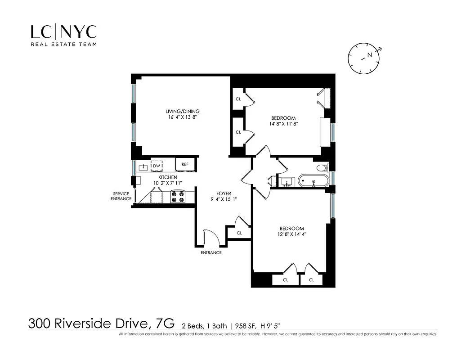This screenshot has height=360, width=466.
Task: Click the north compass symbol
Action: pyautogui.click(x=364, y=57)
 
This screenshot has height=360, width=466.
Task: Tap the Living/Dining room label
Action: pyautogui.click(x=182, y=111)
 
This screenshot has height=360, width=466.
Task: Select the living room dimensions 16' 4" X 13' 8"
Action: pyautogui.click(x=182, y=117)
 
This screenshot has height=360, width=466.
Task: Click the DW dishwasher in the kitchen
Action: pyautogui.click(x=157, y=166)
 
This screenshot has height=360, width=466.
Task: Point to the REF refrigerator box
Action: pyautogui.click(x=185, y=165)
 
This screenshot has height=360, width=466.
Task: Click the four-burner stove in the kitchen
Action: pyautogui.click(x=178, y=197)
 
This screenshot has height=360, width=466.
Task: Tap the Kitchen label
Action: pyautogui.click(x=168, y=178)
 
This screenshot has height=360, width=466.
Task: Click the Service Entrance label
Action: pyautogui.click(x=121, y=196)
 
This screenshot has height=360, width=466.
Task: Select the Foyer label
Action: pyautogui.click(x=224, y=193)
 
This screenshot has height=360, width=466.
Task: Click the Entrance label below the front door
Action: pyautogui.click(x=211, y=252)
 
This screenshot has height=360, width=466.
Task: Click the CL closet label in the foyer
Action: pyautogui.click(x=239, y=233)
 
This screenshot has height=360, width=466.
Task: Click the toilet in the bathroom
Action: pyautogui.click(x=323, y=168)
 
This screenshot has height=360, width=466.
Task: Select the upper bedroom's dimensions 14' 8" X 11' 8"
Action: pyautogui.click(x=283, y=124)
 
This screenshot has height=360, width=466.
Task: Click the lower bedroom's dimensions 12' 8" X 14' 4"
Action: pyautogui.click(x=291, y=234)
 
